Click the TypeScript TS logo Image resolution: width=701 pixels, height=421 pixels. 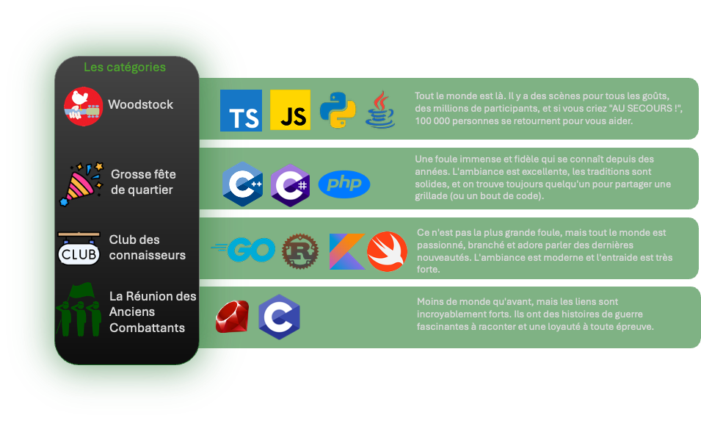click(241, 110)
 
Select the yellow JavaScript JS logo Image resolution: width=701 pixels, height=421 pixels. click(290, 110)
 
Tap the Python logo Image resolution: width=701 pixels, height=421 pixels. click(338, 110)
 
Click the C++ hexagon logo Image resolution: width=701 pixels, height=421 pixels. click(242, 184)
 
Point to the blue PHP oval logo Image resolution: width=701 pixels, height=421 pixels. click(344, 184)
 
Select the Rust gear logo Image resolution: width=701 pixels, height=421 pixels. click(299, 251)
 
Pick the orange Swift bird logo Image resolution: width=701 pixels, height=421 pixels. click(387, 251)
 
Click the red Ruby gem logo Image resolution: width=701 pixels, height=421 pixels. click(232, 317)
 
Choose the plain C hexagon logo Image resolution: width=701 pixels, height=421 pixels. click(279, 317)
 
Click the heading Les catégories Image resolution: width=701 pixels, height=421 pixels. click(125, 68)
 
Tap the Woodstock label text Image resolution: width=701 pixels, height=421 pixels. click(141, 104)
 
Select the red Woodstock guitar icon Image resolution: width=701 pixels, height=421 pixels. click(83, 107)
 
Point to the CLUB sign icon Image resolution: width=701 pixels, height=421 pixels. click(79, 249)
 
